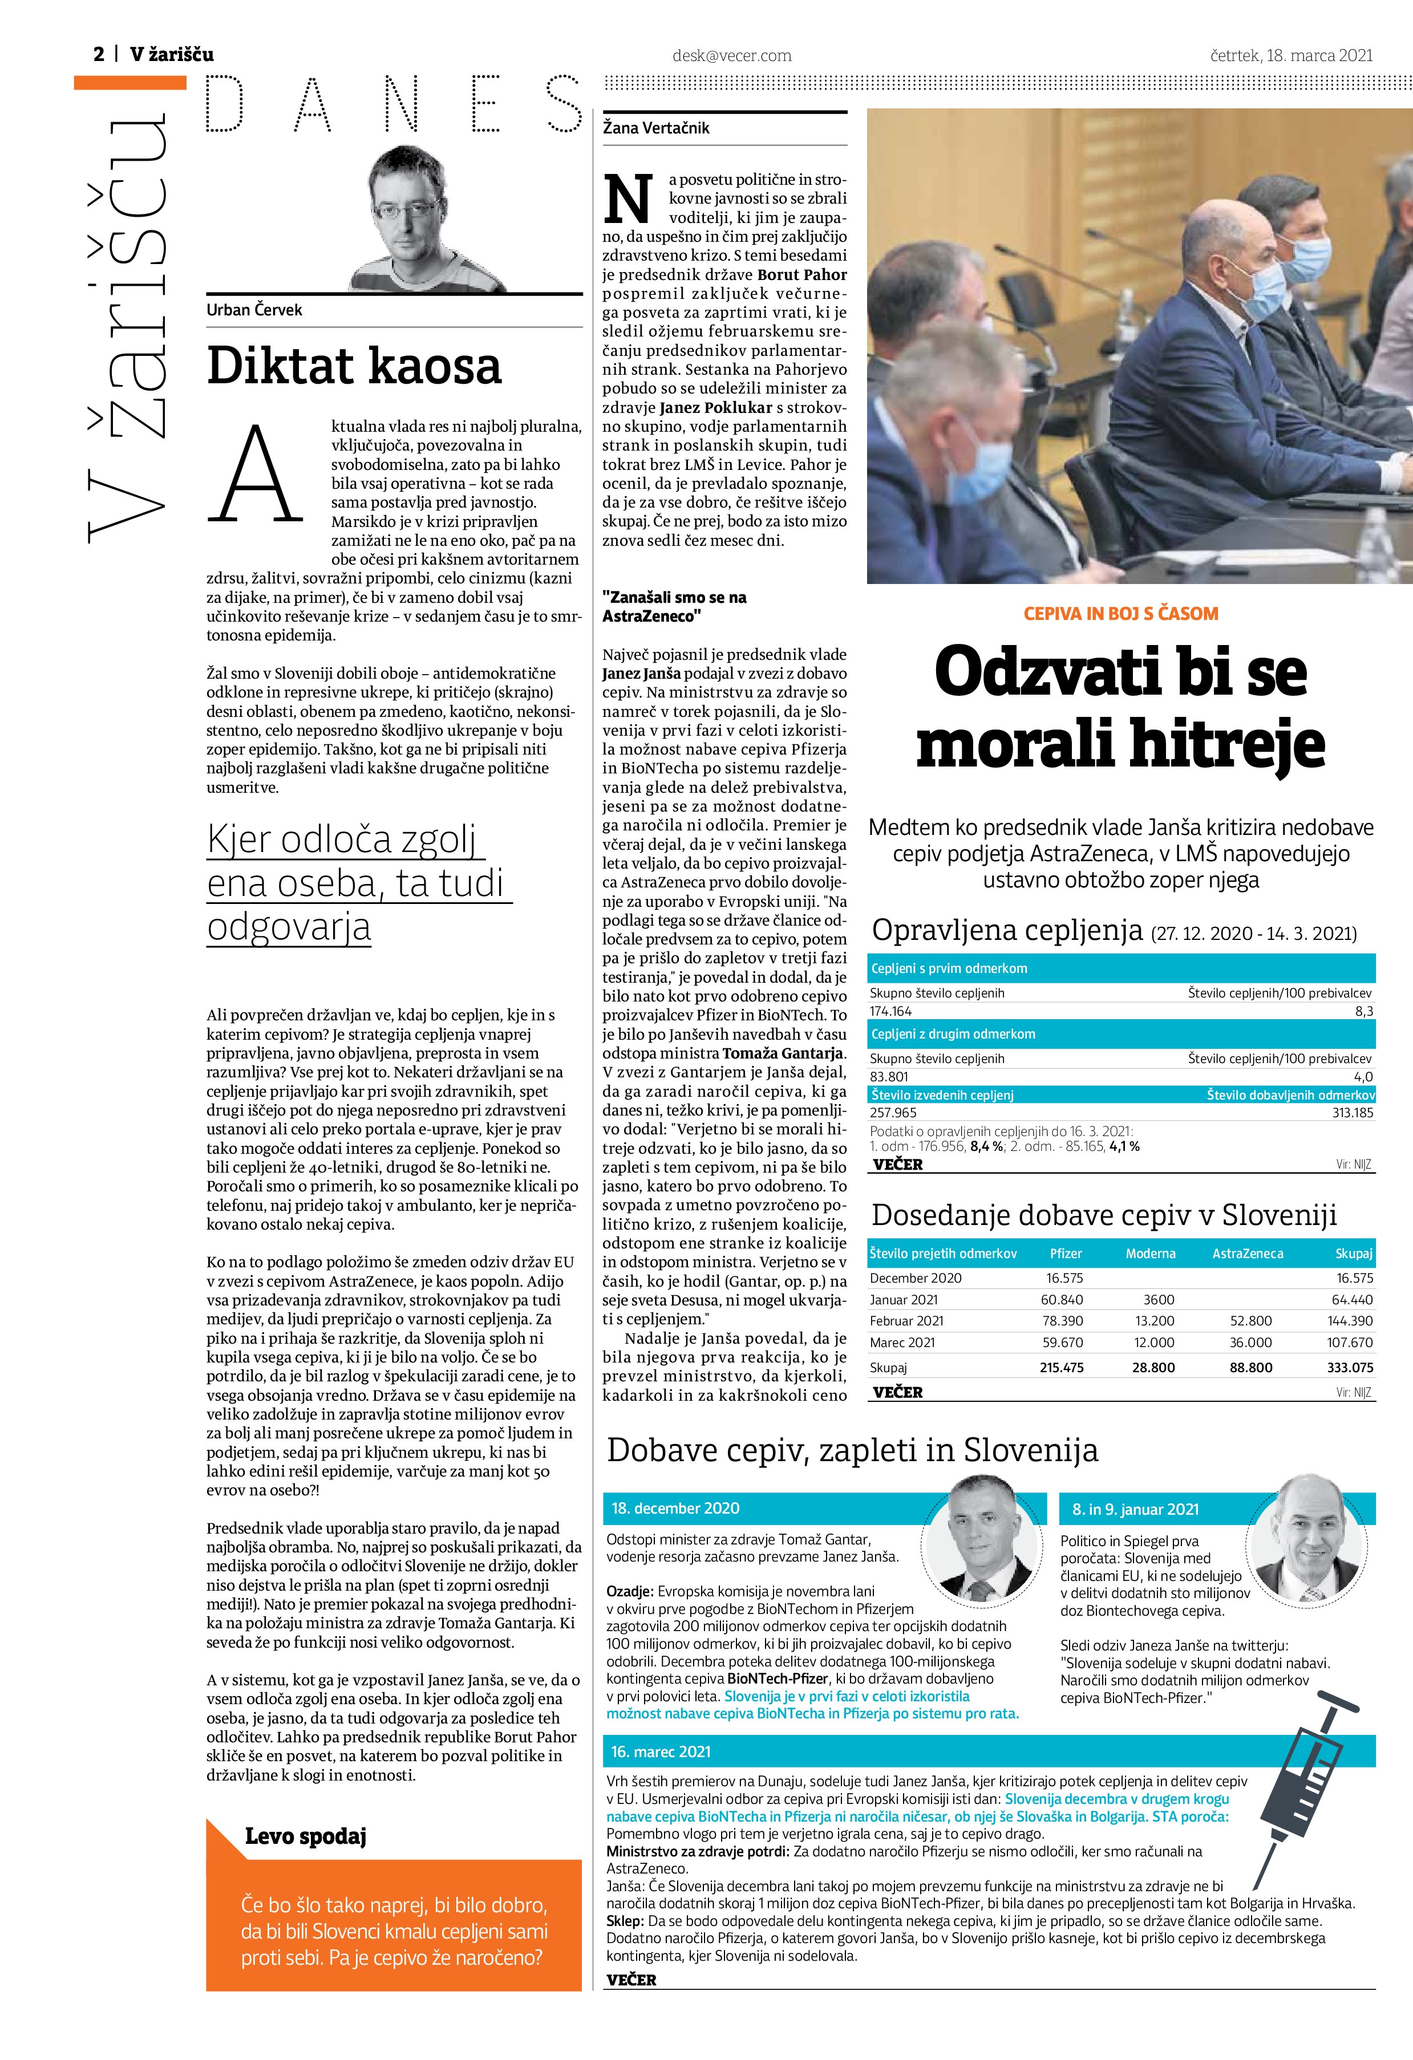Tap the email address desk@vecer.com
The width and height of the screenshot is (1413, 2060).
731,56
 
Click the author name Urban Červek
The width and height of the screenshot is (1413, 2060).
254,310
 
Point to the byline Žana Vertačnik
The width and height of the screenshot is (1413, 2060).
656,128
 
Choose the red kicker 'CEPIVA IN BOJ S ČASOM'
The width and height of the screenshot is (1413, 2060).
1120,614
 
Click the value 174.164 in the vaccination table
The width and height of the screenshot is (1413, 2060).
891,1011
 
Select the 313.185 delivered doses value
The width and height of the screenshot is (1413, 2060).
1353,1113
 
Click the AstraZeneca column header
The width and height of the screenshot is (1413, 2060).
1247,1254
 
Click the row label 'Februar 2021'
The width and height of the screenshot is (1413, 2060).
906,1321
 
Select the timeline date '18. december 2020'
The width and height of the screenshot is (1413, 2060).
675,1508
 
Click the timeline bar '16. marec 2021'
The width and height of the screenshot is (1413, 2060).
661,1751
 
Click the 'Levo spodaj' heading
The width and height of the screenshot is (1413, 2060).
305,1836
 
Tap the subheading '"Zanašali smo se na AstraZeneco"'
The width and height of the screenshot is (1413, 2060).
674,606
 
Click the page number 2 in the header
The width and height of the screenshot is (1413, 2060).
98,55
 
